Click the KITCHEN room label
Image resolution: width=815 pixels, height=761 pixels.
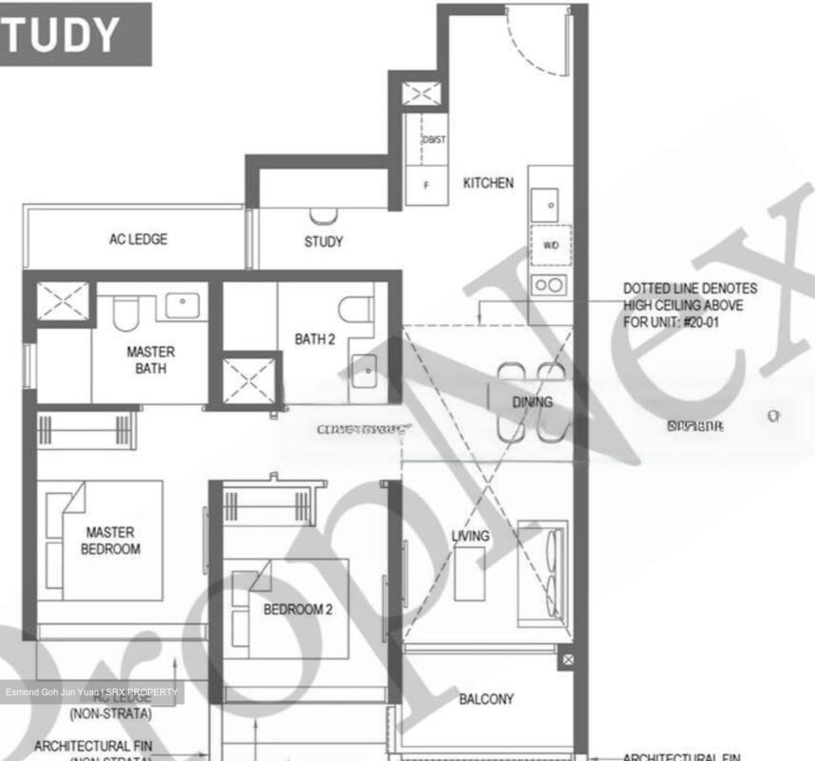point(488,183)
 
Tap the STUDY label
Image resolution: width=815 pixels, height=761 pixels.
point(323,242)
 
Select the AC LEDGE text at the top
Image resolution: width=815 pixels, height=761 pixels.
point(138,239)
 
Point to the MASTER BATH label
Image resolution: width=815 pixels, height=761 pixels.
point(151,360)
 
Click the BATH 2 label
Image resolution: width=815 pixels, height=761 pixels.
point(315,339)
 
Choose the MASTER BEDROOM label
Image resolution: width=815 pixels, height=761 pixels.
point(110,540)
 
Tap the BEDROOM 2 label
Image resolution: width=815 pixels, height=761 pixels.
point(298,609)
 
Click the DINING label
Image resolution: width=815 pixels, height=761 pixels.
point(532,402)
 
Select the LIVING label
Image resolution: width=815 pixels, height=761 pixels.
point(470,535)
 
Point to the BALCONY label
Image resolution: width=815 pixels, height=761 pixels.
point(486,699)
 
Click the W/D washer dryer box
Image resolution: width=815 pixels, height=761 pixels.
point(551,245)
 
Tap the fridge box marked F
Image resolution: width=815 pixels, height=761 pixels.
point(426,185)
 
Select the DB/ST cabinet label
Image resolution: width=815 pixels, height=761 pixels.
point(434,139)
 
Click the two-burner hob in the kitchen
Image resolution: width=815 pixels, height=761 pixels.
point(549,285)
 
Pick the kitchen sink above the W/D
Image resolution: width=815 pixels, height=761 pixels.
point(545,205)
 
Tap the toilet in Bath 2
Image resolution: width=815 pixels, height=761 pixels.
point(355,309)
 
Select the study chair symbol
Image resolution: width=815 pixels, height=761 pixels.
point(323,216)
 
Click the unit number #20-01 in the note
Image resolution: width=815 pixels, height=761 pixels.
point(701,323)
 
